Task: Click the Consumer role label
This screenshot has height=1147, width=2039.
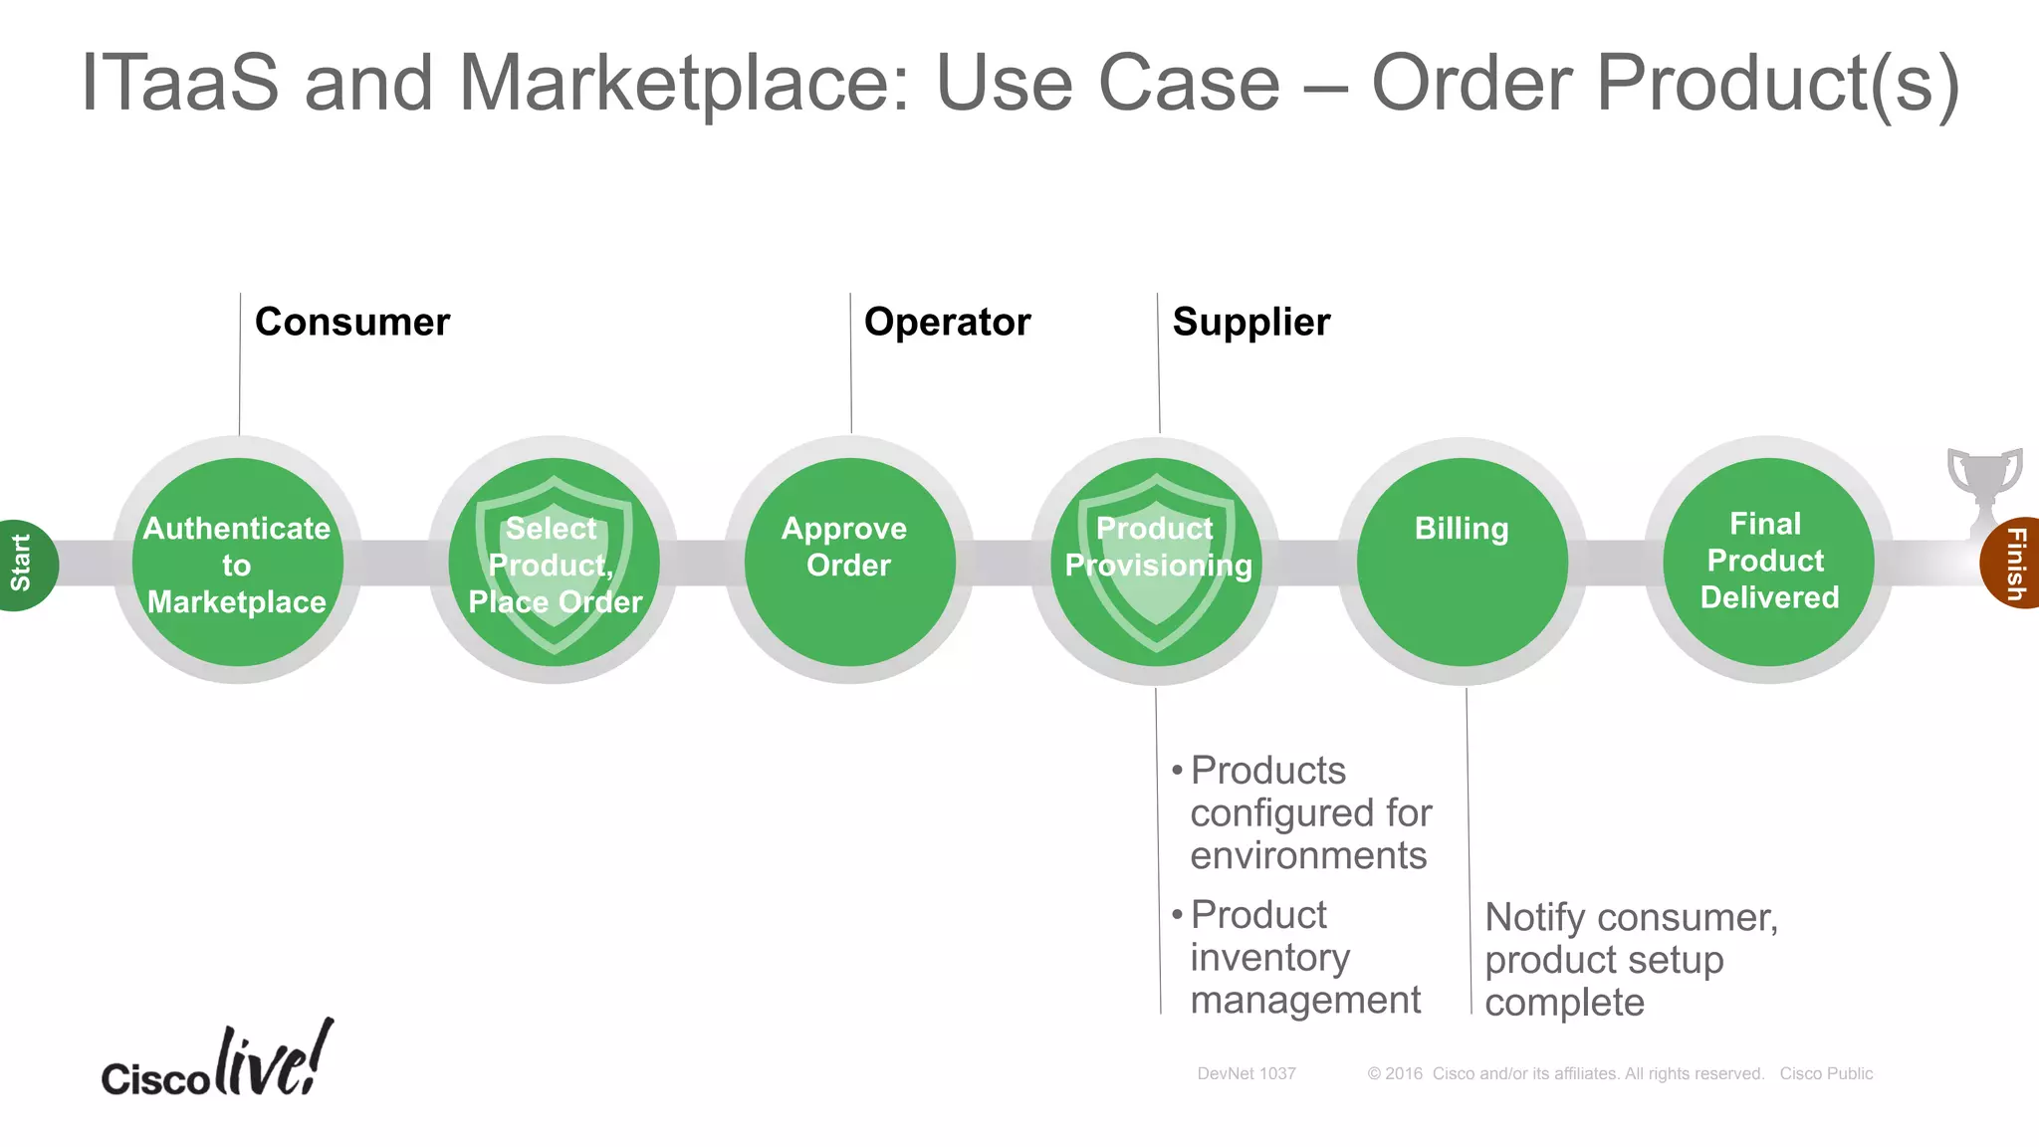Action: click(352, 323)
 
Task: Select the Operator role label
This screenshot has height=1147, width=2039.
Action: click(947, 323)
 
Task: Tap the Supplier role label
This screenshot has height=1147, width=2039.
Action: click(1250, 323)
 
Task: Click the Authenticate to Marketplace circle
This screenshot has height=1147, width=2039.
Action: click(238, 563)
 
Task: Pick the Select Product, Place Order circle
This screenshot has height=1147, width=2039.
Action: click(555, 563)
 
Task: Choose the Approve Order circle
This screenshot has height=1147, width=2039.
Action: click(849, 563)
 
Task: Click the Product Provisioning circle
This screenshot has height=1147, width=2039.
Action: click(1157, 563)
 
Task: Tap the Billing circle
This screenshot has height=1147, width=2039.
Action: click(1462, 563)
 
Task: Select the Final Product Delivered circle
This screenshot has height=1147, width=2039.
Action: click(1768, 563)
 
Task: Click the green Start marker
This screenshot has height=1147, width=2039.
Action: click(24, 564)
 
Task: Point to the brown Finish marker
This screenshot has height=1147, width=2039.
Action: click(2013, 564)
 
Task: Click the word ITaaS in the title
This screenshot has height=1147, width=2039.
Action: click(179, 84)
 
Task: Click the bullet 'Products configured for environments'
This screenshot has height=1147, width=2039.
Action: click(1309, 812)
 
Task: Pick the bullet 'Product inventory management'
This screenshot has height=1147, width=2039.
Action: click(1304, 957)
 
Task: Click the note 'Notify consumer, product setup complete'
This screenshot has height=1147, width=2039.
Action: click(1630, 959)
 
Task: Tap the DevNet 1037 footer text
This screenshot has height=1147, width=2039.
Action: click(1246, 1073)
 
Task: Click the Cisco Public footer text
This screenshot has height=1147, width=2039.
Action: click(1826, 1073)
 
